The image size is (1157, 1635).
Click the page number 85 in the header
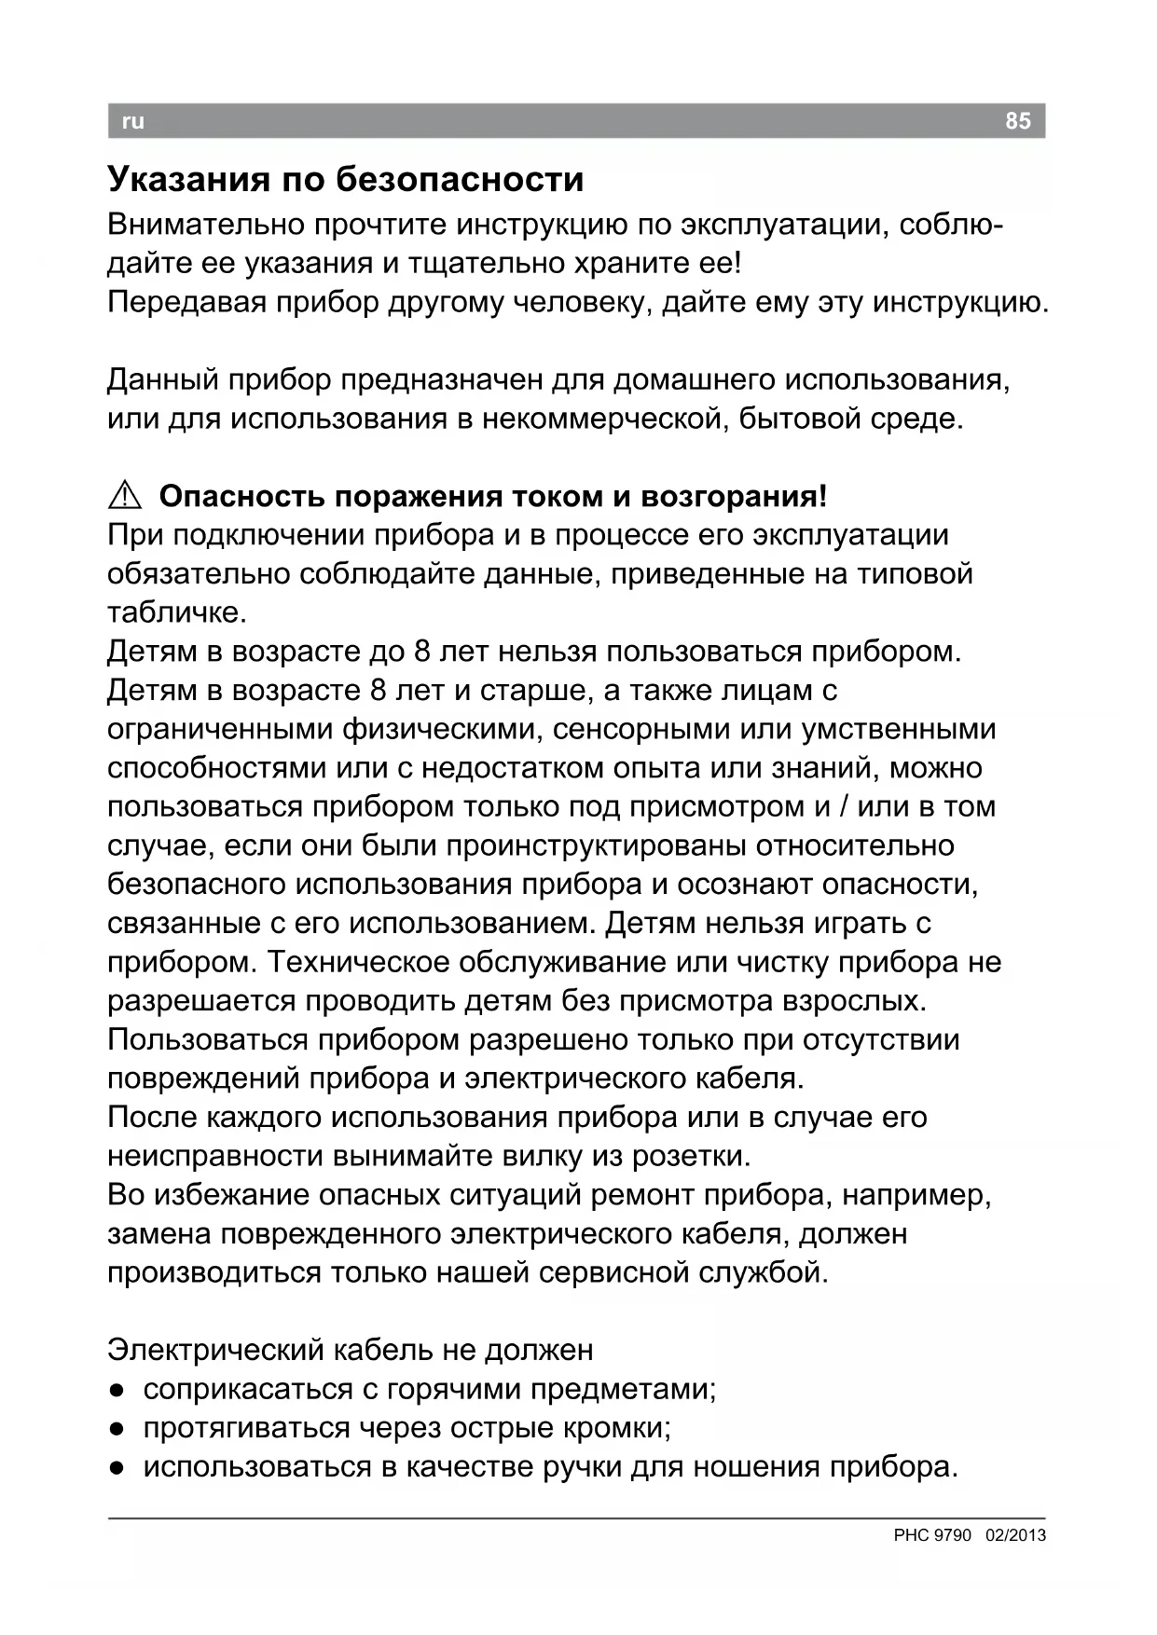tap(1018, 121)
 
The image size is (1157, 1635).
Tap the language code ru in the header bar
tap(133, 121)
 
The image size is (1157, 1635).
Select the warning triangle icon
tap(124, 497)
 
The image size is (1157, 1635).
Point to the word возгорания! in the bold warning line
tap(734, 496)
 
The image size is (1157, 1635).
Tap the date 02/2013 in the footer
tap(1015, 1535)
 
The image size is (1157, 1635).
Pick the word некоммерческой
tap(602, 419)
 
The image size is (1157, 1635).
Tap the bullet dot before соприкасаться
tap(116, 1390)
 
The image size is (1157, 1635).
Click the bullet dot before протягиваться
tap(116, 1429)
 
